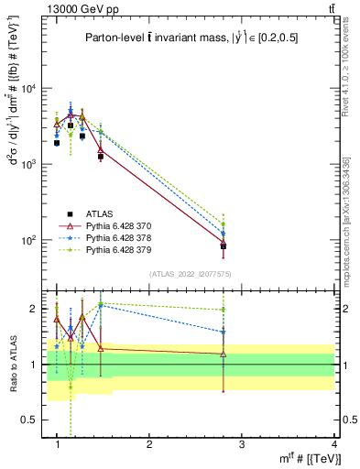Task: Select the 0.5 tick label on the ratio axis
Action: pyautogui.click(x=34, y=420)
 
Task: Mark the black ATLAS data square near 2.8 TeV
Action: pyautogui.click(x=223, y=246)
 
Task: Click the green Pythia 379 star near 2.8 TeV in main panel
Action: pyautogui.click(x=223, y=224)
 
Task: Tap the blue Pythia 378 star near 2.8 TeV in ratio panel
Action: pyautogui.click(x=223, y=333)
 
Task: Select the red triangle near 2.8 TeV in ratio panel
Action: pyautogui.click(x=223, y=354)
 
